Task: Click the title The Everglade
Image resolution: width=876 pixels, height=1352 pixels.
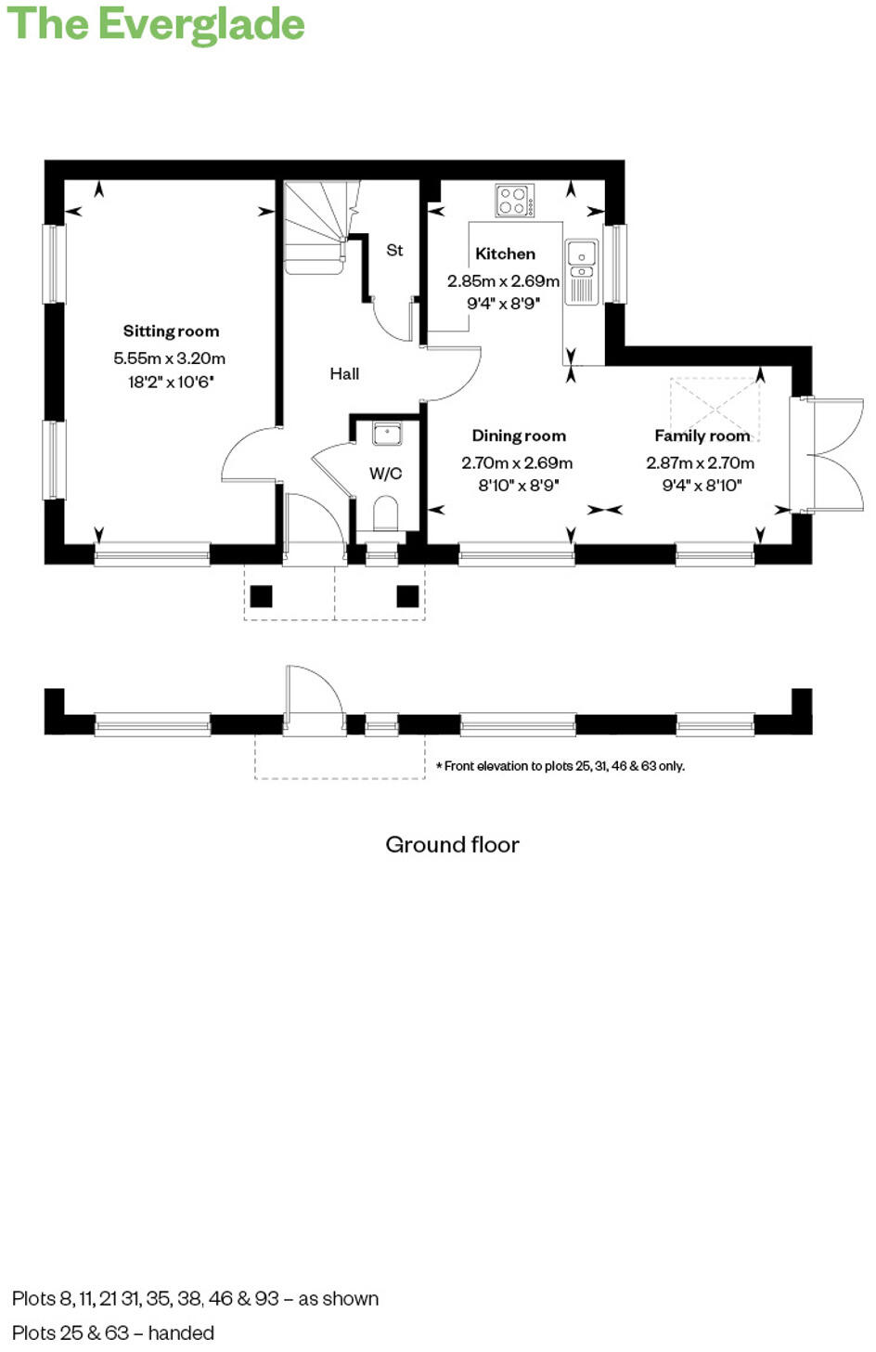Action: click(156, 24)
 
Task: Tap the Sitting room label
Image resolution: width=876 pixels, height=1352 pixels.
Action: click(172, 331)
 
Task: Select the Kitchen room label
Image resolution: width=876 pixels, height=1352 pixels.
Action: click(505, 253)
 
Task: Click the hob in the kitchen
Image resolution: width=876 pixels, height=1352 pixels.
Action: click(514, 201)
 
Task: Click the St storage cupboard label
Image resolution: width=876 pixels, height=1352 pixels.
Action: click(394, 250)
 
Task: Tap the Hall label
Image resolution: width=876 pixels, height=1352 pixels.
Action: click(344, 373)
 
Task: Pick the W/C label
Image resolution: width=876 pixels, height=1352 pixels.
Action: click(385, 474)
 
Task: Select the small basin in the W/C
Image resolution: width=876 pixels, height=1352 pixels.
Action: click(387, 433)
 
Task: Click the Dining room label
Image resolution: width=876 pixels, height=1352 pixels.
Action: click(519, 435)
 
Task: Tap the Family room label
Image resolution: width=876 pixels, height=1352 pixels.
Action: click(702, 435)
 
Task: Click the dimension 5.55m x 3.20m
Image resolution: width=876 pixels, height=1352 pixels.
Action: click(170, 357)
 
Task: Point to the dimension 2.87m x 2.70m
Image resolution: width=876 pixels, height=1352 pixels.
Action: click(701, 462)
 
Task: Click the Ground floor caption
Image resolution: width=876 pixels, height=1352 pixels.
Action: click(452, 844)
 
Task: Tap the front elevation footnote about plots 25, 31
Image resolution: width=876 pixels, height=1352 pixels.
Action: click(560, 766)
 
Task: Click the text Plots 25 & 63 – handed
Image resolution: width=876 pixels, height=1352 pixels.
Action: click(113, 1332)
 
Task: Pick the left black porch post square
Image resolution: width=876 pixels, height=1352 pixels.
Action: click(262, 596)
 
